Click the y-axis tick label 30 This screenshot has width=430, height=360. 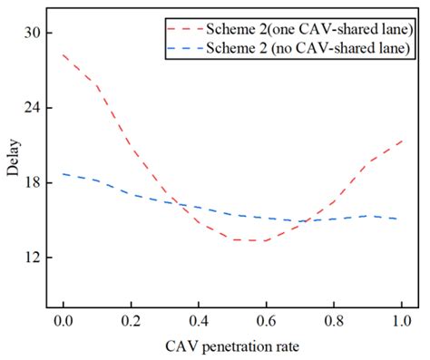tap(32, 33)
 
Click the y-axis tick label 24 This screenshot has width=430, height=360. tap(32, 108)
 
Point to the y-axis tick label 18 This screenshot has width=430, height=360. tap(32, 182)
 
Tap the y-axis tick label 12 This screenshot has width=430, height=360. tap(32, 258)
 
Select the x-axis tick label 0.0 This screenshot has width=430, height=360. tap(63, 323)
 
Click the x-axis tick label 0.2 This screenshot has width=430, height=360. tap(131, 323)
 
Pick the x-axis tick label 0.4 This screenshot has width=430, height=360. tap(199, 323)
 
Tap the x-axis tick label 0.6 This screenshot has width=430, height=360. tap(266, 323)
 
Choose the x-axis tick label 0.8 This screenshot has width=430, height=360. tap(334, 323)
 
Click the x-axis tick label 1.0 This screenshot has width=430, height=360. tap(401, 323)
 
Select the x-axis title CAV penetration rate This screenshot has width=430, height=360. tap(232, 347)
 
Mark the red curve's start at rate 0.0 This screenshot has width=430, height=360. tap(64, 55)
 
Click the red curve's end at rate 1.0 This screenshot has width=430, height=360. tap(401, 141)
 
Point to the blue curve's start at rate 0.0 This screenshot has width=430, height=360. tap(64, 173)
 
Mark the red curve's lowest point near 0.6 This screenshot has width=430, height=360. tap(259, 240)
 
